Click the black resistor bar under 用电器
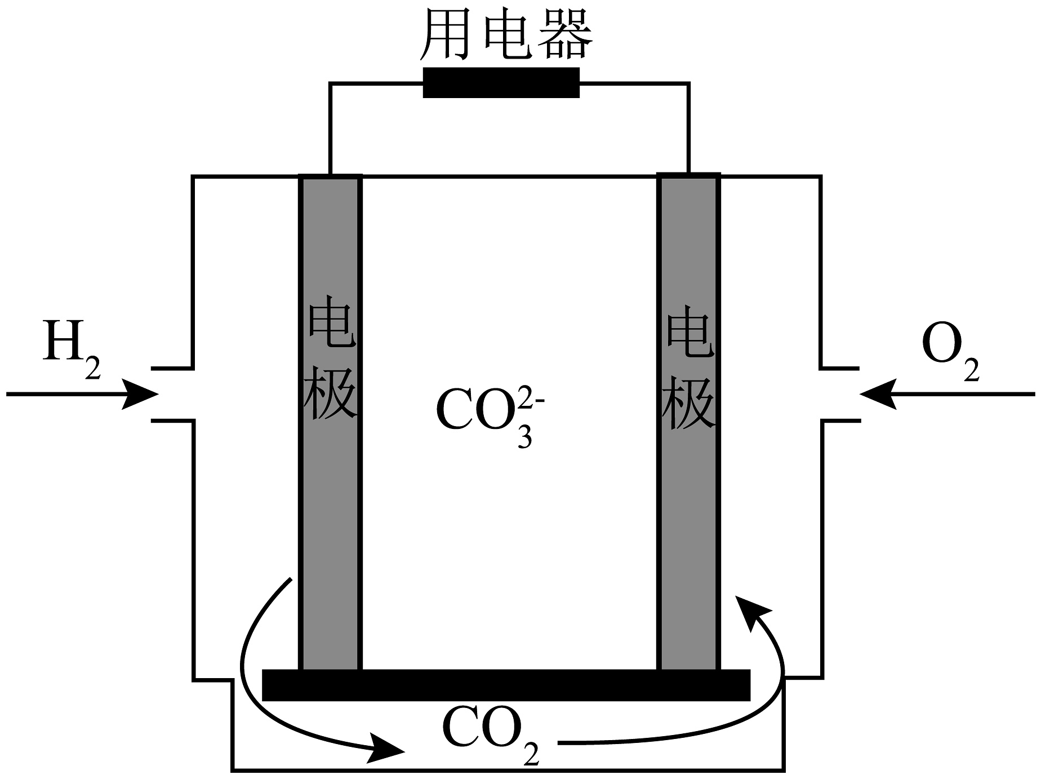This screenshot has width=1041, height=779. [x=501, y=83]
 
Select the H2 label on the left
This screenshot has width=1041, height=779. [x=70, y=345]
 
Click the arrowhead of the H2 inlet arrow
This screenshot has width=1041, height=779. [x=141, y=393]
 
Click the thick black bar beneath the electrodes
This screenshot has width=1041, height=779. [x=506, y=685]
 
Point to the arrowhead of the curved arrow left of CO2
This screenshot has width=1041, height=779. [x=388, y=749]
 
